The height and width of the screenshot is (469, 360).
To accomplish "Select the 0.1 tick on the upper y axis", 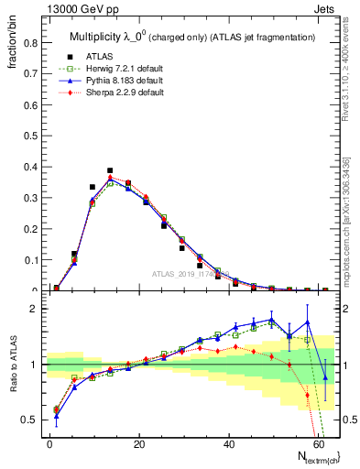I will pos(29,260).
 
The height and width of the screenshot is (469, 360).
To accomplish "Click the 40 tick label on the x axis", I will pos(228,442).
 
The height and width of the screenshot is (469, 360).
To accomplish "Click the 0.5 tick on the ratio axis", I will pos(29,420).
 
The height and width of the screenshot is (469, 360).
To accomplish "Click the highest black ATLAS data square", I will pos(110,170).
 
